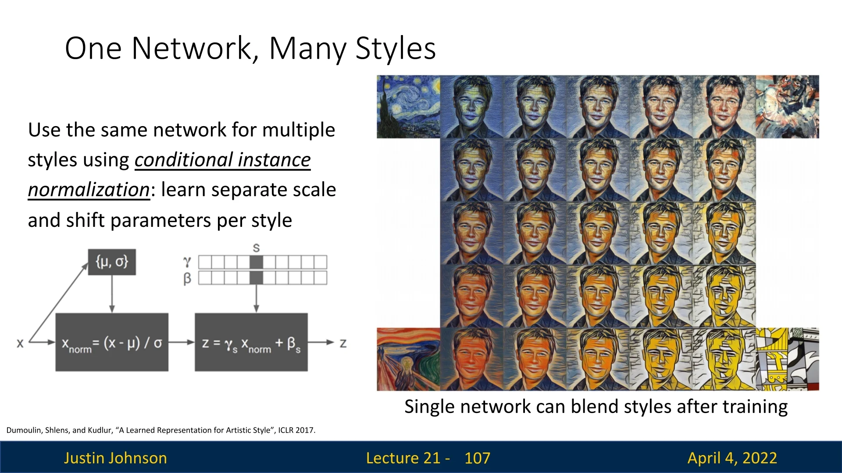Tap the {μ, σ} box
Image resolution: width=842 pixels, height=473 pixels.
tap(112, 262)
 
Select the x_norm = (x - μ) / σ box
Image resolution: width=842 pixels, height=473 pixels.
tap(112, 342)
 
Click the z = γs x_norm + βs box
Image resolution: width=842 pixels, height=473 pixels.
tap(251, 342)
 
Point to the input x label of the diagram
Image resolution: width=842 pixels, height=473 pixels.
tap(20, 343)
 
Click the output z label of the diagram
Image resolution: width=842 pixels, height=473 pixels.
tap(343, 343)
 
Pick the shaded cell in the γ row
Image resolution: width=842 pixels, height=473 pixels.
tap(256, 262)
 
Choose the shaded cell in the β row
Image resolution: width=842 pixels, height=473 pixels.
tap(256, 278)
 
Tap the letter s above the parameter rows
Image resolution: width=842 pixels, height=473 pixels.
tap(256, 248)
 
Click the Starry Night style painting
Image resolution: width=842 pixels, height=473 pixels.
tap(408, 107)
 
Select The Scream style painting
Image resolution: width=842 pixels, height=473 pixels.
tap(408, 359)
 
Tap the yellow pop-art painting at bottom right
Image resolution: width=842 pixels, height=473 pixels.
tap(787, 359)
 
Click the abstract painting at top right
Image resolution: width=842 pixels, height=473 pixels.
tap(787, 107)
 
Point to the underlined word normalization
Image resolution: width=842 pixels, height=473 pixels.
tap(89, 190)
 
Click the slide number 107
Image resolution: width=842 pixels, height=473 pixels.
tap(477, 458)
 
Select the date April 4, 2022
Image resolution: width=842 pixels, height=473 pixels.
tap(732, 458)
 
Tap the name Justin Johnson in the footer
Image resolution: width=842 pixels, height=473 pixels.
tap(115, 458)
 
